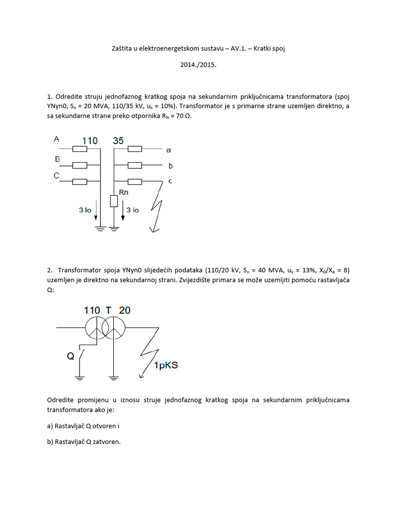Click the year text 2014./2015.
pyautogui.click(x=198, y=66)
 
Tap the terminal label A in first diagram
pyautogui.click(x=56, y=139)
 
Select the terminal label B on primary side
pyautogui.click(x=57, y=159)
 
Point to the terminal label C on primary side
pyautogui.click(x=56, y=176)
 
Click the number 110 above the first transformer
pyautogui.click(x=90, y=141)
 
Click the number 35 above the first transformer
pyautogui.click(x=118, y=141)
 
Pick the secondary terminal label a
pyautogui.click(x=169, y=150)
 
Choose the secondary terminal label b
pyautogui.click(x=170, y=166)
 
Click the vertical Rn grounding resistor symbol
pyautogui.click(x=114, y=201)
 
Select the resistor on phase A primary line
pyautogui.click(x=80, y=149)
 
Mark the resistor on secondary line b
pyautogui.click(x=134, y=165)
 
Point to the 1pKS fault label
pyautogui.click(x=165, y=366)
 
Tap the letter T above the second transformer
pyautogui.click(x=109, y=310)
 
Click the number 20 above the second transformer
pyautogui.click(x=125, y=310)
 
